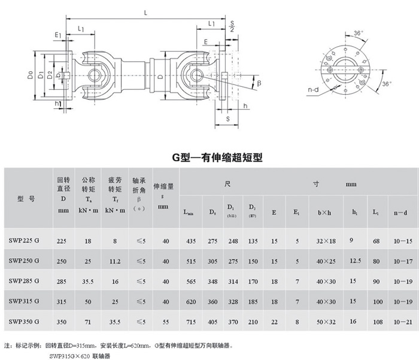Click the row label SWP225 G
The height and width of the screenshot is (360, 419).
click(25, 241)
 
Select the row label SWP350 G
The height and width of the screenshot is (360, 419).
click(25, 322)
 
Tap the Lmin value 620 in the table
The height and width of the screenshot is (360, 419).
click(192, 301)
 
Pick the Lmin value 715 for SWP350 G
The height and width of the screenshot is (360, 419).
click(192, 322)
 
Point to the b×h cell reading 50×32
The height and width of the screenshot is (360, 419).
click(326, 322)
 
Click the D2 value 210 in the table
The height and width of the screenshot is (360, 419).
click(253, 322)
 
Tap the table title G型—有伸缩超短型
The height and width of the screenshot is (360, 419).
click(210, 158)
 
